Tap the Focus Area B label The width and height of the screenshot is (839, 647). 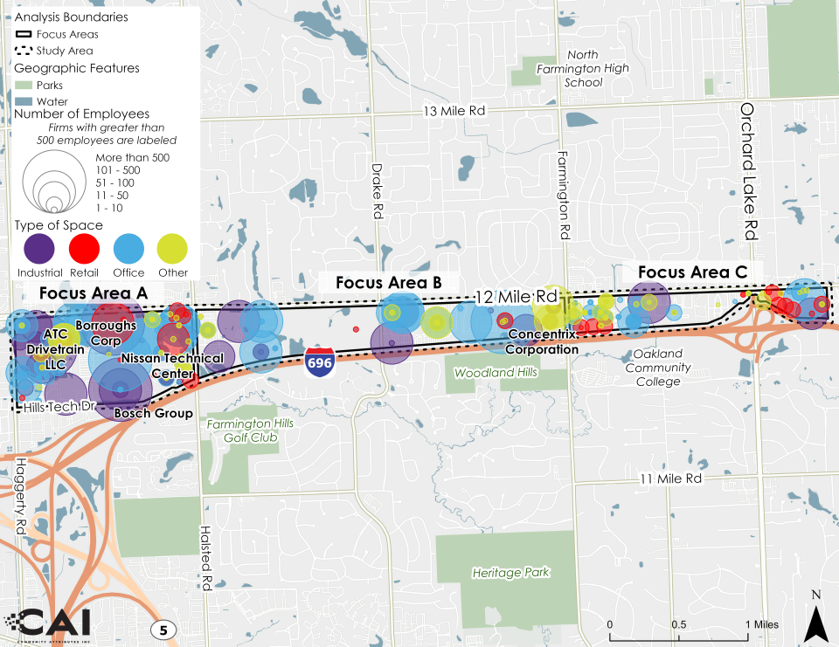388,283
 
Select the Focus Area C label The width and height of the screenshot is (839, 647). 691,272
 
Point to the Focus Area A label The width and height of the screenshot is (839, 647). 93,292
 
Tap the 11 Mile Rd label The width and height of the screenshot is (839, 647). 670,479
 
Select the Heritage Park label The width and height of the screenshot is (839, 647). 511,573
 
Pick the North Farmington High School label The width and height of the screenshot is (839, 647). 584,69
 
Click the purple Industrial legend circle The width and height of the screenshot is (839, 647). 38,250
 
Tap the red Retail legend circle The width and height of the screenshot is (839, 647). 85,250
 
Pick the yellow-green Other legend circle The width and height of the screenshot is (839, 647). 172,250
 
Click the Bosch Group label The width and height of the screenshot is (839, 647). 154,413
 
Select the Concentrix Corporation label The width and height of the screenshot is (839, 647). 544,342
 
